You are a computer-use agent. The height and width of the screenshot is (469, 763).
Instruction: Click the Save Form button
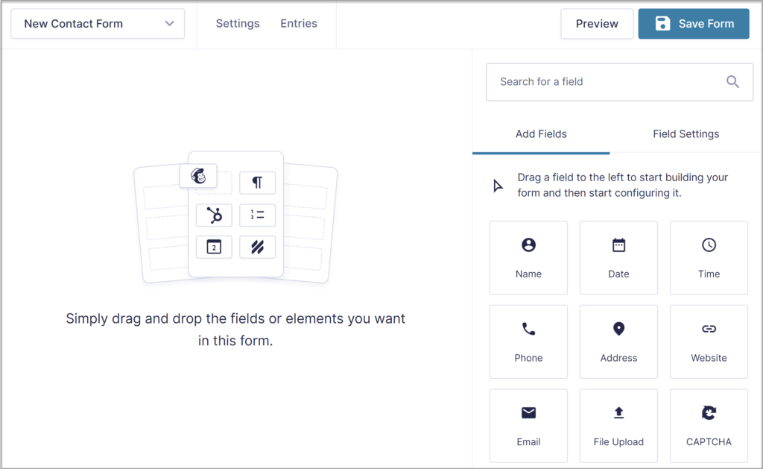(x=693, y=24)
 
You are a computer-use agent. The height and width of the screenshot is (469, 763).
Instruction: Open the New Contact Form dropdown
(x=98, y=24)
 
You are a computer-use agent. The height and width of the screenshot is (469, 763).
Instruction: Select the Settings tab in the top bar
(x=238, y=24)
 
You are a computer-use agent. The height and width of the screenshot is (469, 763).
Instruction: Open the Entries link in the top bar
(x=299, y=24)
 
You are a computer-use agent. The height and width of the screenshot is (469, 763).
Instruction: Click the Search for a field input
(x=604, y=82)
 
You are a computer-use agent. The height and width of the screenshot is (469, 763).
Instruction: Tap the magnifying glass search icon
(x=732, y=82)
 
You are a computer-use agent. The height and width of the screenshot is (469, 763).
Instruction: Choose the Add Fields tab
(x=541, y=134)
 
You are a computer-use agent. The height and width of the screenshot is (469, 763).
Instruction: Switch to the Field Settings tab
(x=686, y=134)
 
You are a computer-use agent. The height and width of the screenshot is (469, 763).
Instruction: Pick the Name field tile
(x=528, y=257)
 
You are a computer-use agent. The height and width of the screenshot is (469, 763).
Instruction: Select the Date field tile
(x=618, y=257)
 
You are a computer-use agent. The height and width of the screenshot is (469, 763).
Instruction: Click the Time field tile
(x=709, y=257)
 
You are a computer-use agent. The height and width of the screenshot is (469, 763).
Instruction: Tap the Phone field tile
(x=528, y=341)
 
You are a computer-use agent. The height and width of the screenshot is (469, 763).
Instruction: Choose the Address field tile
(x=618, y=341)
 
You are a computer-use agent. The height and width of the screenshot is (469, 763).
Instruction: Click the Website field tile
(x=709, y=341)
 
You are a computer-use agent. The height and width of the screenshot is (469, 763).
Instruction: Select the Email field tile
(x=528, y=425)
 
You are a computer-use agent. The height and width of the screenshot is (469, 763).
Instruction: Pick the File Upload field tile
(x=618, y=425)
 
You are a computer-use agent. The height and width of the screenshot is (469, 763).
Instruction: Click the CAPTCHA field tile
(x=709, y=425)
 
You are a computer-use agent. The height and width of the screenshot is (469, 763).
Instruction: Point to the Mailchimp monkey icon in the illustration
(x=198, y=176)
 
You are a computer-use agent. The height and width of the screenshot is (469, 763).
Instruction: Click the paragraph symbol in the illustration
(x=257, y=183)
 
